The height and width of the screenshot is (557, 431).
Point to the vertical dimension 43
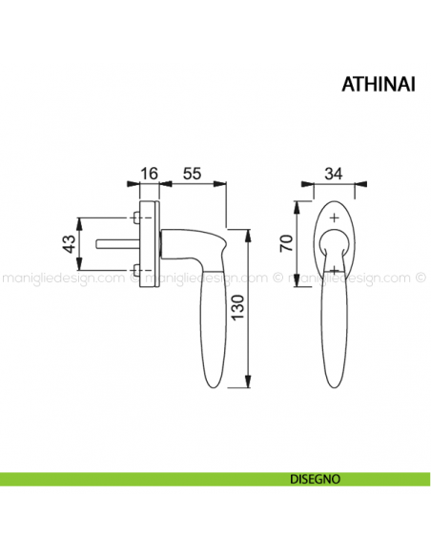coord(69,242)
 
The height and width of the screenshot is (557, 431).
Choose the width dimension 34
coord(333,174)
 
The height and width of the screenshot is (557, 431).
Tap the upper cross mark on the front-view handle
coord(334,219)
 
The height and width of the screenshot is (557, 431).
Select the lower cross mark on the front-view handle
coord(334,270)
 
